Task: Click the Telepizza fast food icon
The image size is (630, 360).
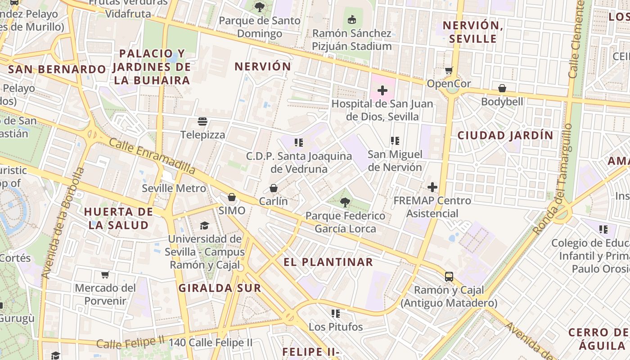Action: tap(202, 121)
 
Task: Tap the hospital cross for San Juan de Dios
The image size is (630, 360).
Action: tap(382, 90)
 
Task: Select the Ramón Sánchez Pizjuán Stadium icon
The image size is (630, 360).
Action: tap(352, 20)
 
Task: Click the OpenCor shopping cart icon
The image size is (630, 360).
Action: tap(449, 71)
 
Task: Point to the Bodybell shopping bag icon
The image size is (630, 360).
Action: tap(502, 88)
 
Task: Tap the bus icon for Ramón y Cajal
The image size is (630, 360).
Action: tap(449, 276)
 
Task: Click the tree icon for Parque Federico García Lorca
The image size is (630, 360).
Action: tap(345, 202)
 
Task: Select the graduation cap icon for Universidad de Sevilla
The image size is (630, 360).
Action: tap(204, 225)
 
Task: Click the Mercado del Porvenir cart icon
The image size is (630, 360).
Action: tap(105, 274)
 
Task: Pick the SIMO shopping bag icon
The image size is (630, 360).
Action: tap(232, 197)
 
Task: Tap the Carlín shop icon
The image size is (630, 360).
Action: tap(273, 188)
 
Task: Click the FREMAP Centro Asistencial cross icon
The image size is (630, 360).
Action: tap(432, 187)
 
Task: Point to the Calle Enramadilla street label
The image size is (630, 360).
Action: tap(152, 156)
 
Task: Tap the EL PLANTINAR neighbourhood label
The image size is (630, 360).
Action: tap(328, 262)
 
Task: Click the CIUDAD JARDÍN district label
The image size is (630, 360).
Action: tap(505, 135)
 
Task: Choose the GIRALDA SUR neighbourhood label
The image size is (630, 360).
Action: tap(220, 288)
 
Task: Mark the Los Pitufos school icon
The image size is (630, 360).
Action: tap(335, 313)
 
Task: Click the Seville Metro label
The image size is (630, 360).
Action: tap(174, 188)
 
